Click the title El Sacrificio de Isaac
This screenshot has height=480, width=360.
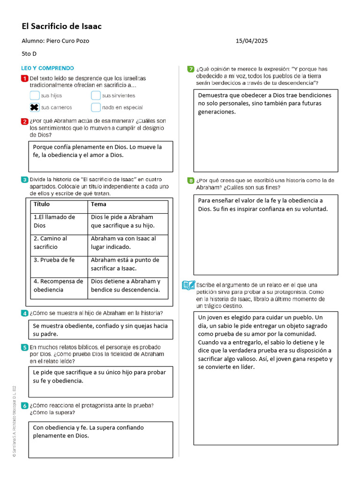click(x=61, y=26)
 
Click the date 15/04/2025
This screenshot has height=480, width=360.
click(x=252, y=41)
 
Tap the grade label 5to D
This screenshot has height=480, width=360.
click(x=29, y=54)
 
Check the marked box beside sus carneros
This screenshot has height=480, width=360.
click(x=34, y=108)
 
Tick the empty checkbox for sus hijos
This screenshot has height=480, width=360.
click(x=34, y=96)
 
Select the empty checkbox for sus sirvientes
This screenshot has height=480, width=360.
click(x=96, y=96)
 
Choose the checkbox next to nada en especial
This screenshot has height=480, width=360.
click(x=96, y=108)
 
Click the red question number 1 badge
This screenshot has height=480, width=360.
click(x=24, y=78)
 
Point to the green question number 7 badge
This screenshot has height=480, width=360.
click(x=191, y=69)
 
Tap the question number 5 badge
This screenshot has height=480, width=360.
click(x=24, y=347)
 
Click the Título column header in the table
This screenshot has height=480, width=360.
click(x=42, y=204)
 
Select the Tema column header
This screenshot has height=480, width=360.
click(x=98, y=204)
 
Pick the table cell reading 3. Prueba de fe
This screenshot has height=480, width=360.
click(x=54, y=260)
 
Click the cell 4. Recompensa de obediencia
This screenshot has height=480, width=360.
click(x=59, y=285)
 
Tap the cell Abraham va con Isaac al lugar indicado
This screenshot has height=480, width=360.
click(x=123, y=243)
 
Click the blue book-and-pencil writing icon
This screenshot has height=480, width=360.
click(x=188, y=285)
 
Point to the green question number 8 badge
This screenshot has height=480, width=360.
click(x=191, y=180)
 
